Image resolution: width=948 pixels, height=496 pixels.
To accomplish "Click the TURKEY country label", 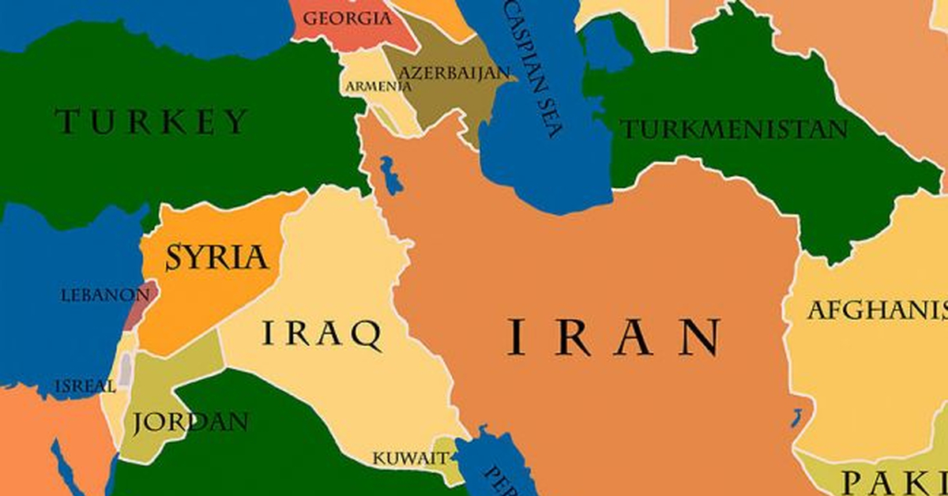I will pos(152,122).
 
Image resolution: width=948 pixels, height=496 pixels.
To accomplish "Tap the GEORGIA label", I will pos(348,17).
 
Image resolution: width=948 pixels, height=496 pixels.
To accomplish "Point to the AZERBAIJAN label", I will pos(454,73).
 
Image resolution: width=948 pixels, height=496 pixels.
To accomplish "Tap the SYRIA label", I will pos(216,257).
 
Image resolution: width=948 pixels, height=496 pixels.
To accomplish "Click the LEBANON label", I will pos(104,295).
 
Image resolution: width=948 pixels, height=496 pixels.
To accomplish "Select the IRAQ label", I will pos(322,334).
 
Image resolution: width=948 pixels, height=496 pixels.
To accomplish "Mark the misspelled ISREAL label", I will pos(85,386).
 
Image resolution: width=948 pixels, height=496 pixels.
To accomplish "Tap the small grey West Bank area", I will pos(126,369).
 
